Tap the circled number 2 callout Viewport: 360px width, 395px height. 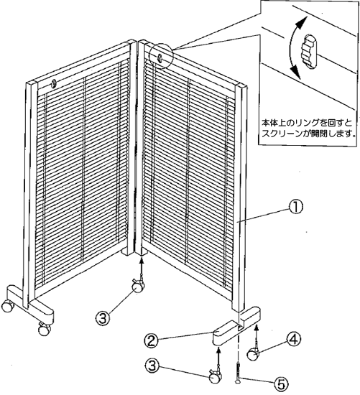click(152, 341)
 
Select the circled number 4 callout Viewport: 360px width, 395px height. click(293, 340)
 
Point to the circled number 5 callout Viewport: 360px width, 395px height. click(281, 384)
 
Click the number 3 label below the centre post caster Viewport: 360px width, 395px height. click(103, 319)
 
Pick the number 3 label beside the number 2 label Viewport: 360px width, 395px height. click(152, 366)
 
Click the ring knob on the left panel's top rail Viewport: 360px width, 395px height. click(54, 84)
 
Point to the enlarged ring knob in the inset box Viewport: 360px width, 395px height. click(309, 51)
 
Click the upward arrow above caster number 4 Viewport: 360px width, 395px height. click(257, 334)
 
